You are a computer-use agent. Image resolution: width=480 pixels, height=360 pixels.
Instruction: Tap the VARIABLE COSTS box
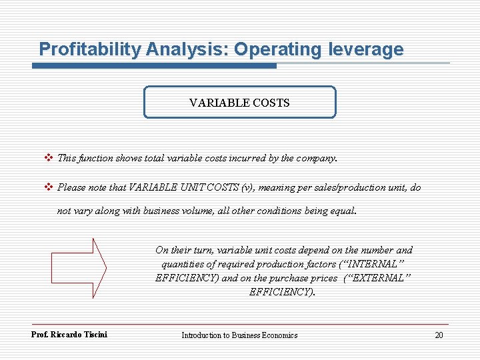(239, 103)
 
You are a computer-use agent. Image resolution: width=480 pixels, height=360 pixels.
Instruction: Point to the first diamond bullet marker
(47, 159)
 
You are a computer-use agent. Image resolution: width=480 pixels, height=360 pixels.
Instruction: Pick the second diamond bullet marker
(47, 187)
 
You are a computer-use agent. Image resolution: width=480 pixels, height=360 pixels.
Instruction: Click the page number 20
(438, 335)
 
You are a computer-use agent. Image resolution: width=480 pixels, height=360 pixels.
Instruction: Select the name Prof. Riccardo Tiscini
(69, 334)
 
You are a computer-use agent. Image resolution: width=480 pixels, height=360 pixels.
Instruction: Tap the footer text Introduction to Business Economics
(239, 335)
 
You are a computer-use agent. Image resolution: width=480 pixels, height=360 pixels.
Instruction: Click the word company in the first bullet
(317, 159)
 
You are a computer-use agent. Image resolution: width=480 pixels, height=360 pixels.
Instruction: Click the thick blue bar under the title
(154, 65)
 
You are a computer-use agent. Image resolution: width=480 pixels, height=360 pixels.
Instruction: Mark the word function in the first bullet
(96, 159)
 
